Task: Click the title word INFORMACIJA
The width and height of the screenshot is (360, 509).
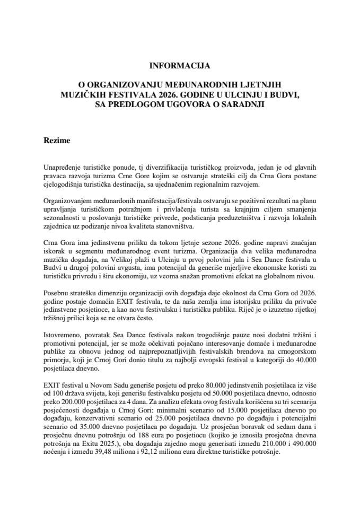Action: point(180,66)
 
